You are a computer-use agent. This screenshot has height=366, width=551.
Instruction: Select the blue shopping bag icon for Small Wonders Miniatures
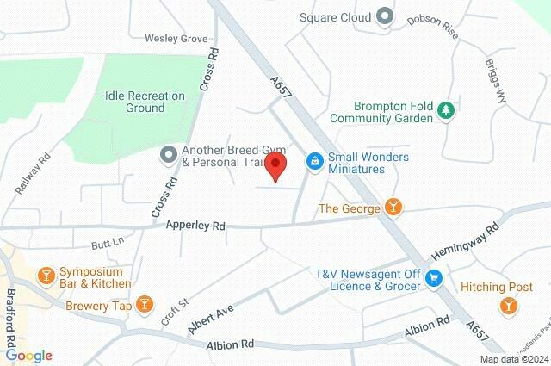(x=316, y=160)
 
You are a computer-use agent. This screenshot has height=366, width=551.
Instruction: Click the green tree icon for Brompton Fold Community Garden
(x=445, y=110)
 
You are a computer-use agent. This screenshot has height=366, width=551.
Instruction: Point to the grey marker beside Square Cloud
(x=385, y=16)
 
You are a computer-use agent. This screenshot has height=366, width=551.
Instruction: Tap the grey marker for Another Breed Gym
(x=168, y=155)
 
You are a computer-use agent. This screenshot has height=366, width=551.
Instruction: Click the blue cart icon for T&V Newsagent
(x=436, y=277)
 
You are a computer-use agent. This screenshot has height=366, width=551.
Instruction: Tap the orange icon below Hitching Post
(x=508, y=306)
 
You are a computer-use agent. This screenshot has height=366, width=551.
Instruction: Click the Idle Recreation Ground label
(x=134, y=102)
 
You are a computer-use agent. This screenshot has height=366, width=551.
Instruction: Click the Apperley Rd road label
(x=195, y=226)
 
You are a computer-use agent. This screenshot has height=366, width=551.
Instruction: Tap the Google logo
(x=28, y=355)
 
